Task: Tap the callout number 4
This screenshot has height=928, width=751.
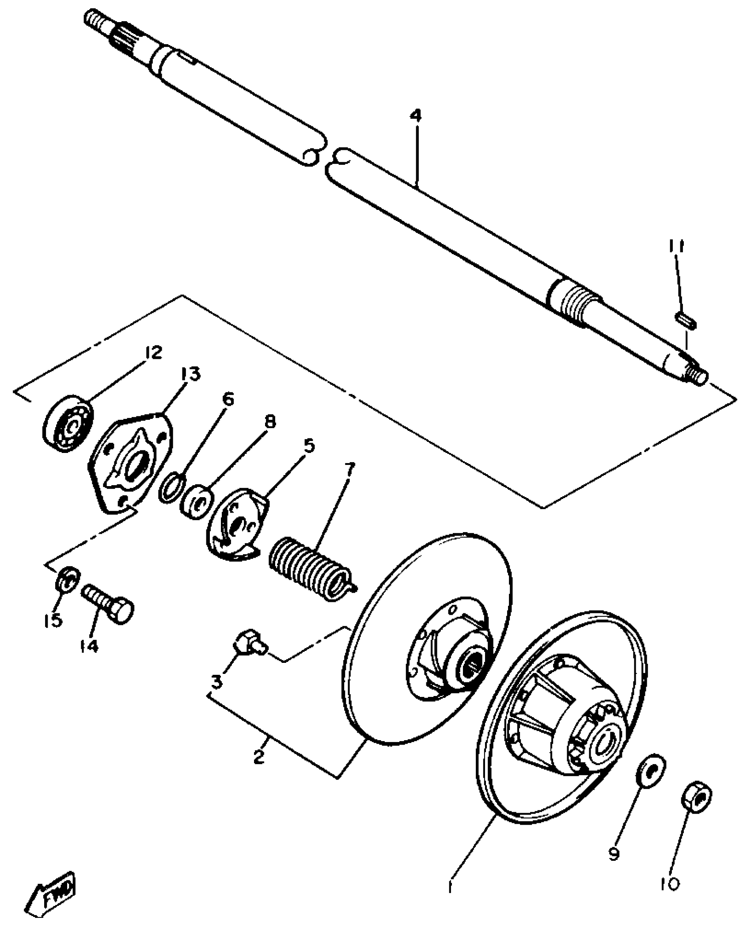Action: click(415, 117)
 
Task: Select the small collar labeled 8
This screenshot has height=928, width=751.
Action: click(197, 501)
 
